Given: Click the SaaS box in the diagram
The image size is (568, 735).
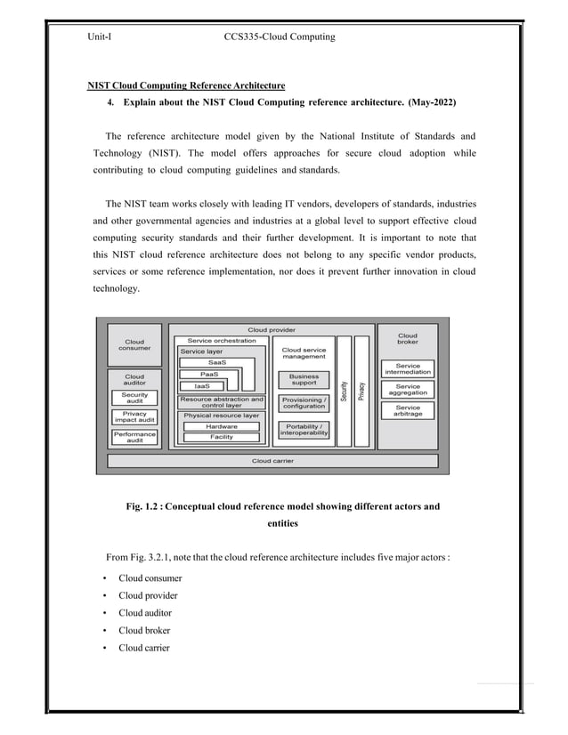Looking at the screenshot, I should pyautogui.click(x=216, y=362).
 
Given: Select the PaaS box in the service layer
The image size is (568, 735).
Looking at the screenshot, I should pyautogui.click(x=209, y=374).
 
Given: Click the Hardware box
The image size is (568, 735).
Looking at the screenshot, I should pyautogui.click(x=222, y=426).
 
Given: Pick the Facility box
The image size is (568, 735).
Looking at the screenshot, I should pyautogui.click(x=222, y=437).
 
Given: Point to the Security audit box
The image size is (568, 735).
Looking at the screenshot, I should pyautogui.click(x=134, y=398).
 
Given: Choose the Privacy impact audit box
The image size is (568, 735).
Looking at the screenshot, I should pyautogui.click(x=134, y=417).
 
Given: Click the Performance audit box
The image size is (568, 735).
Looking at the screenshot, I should pyautogui.click(x=134, y=437).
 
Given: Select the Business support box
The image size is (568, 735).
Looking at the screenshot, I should pyautogui.click(x=304, y=380).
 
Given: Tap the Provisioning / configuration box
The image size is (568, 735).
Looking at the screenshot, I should pyautogui.click(x=304, y=403).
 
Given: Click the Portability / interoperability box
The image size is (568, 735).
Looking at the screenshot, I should pyautogui.click(x=304, y=430).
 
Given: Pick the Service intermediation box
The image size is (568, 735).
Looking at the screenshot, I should pyautogui.click(x=408, y=369).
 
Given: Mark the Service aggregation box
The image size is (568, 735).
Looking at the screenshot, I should pyautogui.click(x=408, y=390).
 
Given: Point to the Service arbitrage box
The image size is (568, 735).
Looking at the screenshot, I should pyautogui.click(x=408, y=410).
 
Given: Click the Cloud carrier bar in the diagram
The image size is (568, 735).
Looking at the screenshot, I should pyautogui.click(x=272, y=461).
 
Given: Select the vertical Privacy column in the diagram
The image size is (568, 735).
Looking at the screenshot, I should pyautogui.click(x=361, y=392).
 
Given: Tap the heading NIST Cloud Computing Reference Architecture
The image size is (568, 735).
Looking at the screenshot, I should pyautogui.click(x=185, y=85).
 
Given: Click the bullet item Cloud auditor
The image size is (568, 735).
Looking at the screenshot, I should pyautogui.click(x=145, y=613).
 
